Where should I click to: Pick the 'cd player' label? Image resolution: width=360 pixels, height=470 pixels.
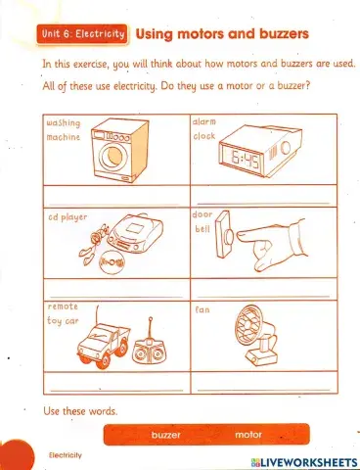pyautogui.click(x=67, y=217)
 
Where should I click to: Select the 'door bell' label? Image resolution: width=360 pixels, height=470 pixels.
pyautogui.click(x=202, y=221)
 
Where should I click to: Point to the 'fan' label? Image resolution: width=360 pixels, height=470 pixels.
pyautogui.click(x=202, y=310)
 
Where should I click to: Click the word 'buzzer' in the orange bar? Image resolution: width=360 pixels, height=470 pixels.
pyautogui.click(x=166, y=435)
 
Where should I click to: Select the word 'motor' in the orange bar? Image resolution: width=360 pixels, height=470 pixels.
pyautogui.click(x=249, y=435)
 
